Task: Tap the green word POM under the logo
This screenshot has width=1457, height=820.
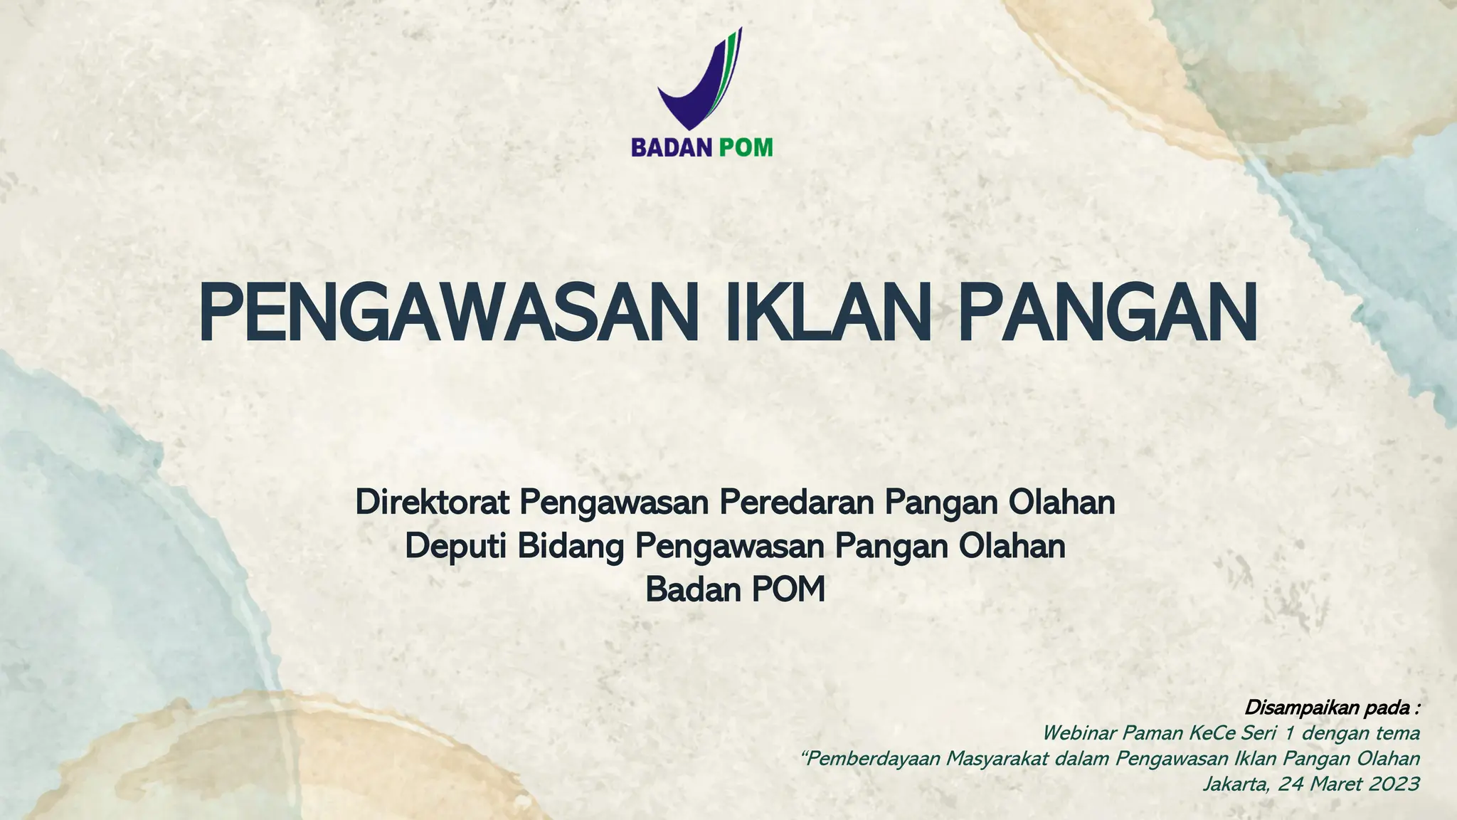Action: (x=745, y=147)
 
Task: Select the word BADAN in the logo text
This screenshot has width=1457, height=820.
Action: (x=671, y=147)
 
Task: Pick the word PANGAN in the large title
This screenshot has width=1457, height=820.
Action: (x=1107, y=314)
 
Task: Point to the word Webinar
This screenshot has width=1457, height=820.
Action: (x=1078, y=732)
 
